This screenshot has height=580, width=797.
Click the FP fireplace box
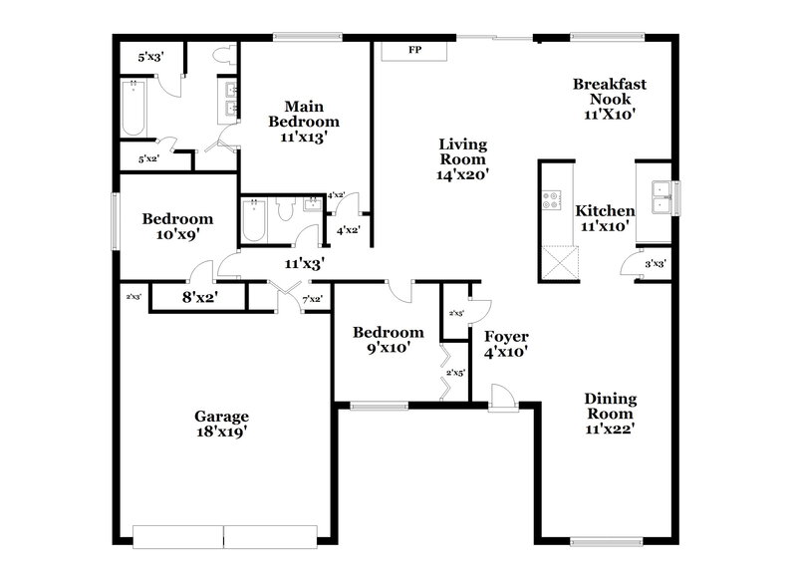click(412, 49)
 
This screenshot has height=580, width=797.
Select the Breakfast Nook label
click(609, 99)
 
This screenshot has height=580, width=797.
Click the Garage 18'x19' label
click(221, 424)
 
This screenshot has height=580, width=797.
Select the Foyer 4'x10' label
click(506, 344)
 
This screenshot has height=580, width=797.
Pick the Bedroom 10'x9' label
click(177, 227)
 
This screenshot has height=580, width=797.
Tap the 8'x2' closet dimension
click(199, 296)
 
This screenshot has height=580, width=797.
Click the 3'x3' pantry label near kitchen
click(655, 264)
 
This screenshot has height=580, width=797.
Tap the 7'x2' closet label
click(311, 298)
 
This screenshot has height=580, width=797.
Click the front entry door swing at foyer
click(503, 399)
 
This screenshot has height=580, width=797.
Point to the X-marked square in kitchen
click(555, 265)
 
